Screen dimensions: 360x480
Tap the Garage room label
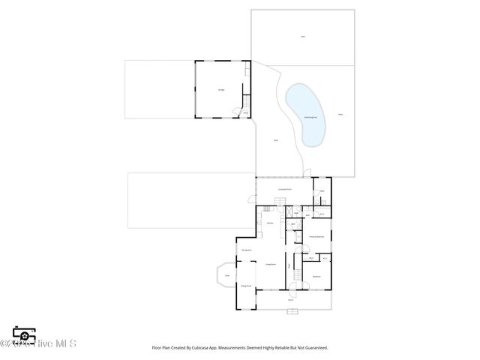[221, 90]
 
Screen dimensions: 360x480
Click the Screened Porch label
[284, 190]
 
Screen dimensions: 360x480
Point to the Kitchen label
[268, 223]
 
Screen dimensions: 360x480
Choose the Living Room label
[270, 265]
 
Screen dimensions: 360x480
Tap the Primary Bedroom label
[316, 237]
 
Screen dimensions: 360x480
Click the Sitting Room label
[245, 286]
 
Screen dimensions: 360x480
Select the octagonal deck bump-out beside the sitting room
[226, 276]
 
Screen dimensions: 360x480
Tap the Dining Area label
[245, 249]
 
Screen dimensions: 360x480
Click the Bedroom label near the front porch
[316, 277]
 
